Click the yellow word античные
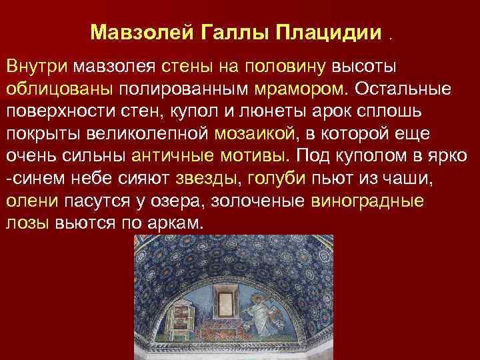click(x=170, y=155)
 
